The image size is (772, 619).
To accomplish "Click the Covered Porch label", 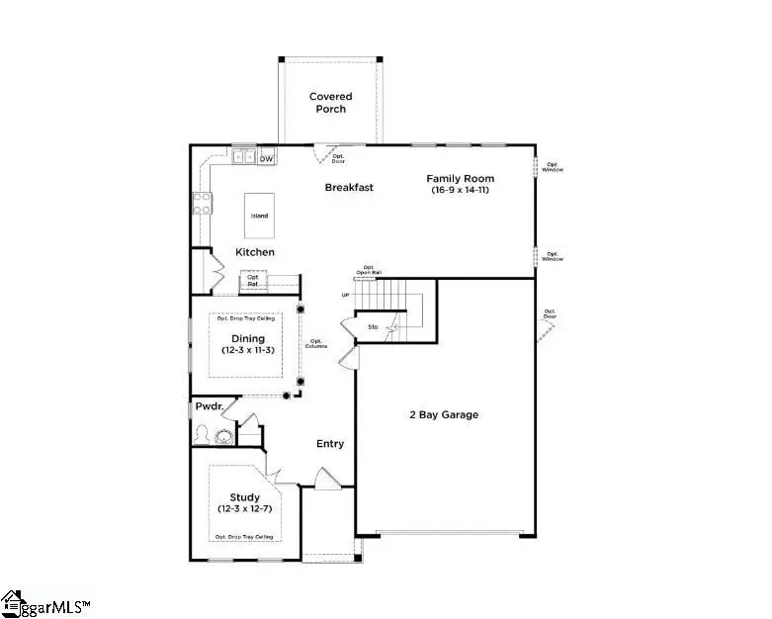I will click(x=330, y=103).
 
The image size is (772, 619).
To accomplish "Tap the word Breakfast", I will click(x=349, y=187).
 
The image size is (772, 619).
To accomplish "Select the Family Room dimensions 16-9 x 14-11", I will click(x=460, y=191).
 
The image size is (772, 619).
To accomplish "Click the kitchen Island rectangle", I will click(x=259, y=215).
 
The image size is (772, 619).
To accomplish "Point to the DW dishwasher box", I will click(x=267, y=158).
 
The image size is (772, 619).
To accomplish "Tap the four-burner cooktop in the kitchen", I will click(x=201, y=204).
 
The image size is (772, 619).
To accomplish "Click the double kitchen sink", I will click(x=244, y=156).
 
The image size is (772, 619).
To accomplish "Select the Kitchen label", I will click(x=254, y=252).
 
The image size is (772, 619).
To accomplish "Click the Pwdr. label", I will click(x=208, y=405).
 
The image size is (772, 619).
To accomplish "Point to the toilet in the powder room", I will click(x=204, y=435).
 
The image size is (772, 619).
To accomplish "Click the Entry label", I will click(x=330, y=444).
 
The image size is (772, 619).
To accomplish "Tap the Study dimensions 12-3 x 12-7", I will click(x=245, y=509).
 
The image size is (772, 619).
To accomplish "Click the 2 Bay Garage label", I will click(x=445, y=414).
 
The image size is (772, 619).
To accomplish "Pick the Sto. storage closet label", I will click(x=373, y=325).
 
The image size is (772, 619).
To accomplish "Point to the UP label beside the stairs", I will click(x=345, y=295).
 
